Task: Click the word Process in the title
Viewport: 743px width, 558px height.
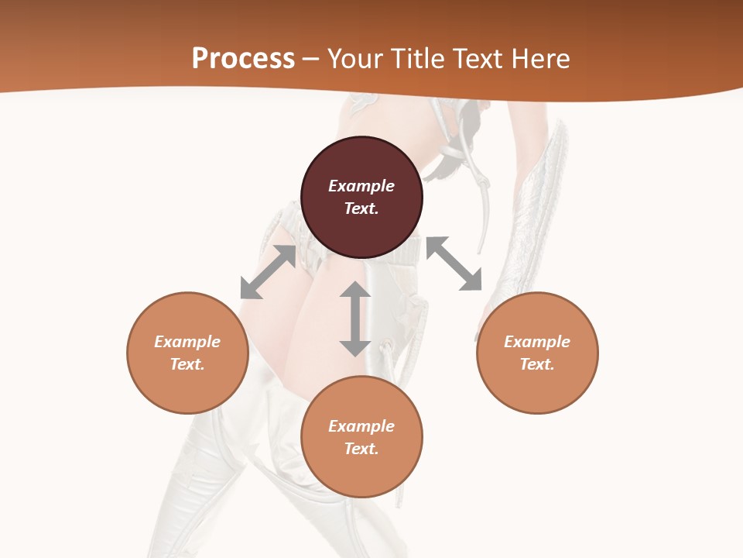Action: pos(243,59)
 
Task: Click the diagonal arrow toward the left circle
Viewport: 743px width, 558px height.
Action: pos(268,272)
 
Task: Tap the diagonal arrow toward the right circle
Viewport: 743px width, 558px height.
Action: pos(454,263)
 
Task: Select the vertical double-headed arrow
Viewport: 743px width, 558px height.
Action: pos(355,319)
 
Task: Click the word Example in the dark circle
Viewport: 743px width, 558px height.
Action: pos(361,186)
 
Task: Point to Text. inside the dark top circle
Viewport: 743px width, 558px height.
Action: pos(361,208)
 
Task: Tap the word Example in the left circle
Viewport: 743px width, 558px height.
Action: pos(187,342)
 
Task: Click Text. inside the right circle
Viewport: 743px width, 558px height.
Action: pos(537,364)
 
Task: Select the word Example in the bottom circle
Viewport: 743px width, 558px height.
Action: pos(361,426)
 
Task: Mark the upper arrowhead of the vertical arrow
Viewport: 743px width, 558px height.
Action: pos(355,290)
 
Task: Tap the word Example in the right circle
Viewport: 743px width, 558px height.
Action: pos(537,342)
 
